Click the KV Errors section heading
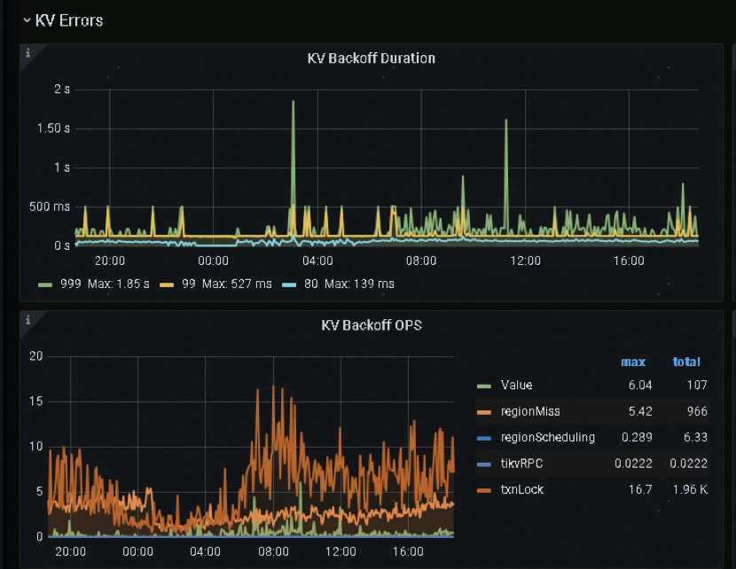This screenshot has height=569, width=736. pyautogui.click(x=68, y=20)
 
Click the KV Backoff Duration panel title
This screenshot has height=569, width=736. pyautogui.click(x=371, y=58)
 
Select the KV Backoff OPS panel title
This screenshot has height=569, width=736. pyautogui.click(x=371, y=325)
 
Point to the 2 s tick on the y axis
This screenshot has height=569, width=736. pyautogui.click(x=62, y=90)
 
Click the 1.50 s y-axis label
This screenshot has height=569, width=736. pyautogui.click(x=55, y=129)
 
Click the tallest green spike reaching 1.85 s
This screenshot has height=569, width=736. pyautogui.click(x=293, y=103)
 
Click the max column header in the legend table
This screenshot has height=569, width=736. pyautogui.click(x=633, y=362)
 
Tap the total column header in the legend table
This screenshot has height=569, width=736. pyautogui.click(x=686, y=362)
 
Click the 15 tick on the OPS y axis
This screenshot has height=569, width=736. pyautogui.click(x=36, y=401)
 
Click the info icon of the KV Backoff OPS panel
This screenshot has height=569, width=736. pyautogui.click(x=27, y=319)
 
